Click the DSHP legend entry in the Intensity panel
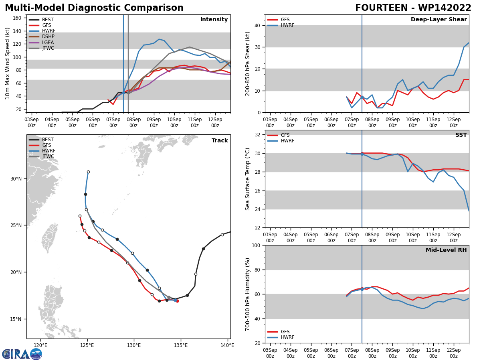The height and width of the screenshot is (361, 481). pos(41,37)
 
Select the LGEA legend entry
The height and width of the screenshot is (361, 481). pos(41,42)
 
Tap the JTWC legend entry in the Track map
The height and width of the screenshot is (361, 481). pos(41,156)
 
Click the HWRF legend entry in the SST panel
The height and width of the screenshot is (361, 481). pos(281,141)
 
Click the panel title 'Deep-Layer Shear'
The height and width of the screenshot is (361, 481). pos(439,19)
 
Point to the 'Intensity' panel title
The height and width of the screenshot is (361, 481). pos(214,19)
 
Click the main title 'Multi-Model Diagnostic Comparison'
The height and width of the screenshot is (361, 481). pos(94,8)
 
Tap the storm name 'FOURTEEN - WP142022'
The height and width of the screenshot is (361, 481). pos(413,8)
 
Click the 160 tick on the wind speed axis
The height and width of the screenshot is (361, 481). pos(17,18)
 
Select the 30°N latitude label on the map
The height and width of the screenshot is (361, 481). pos(16,178)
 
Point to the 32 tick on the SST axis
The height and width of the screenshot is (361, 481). pos(257,135)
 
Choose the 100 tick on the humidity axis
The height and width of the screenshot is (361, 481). pos(256,245)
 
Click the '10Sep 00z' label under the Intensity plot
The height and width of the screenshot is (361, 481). pos(174,122)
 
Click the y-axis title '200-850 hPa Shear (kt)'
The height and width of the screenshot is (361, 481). pos(247,64)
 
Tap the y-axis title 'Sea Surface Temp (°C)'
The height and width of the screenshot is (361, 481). pos(247,179)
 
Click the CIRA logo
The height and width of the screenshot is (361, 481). pos(22,354)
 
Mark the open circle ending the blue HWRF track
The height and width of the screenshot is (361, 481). pos(88,172)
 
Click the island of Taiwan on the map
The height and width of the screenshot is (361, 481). pos(50,237)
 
